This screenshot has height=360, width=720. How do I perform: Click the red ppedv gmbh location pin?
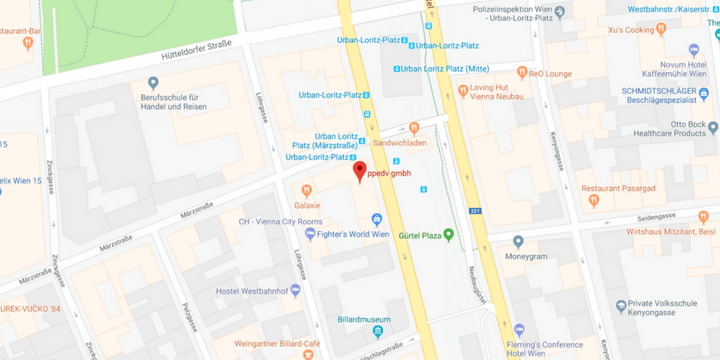[360, 171]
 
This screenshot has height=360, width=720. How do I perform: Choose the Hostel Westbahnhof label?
[258, 291]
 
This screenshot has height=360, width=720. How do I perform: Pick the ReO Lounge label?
[549, 72]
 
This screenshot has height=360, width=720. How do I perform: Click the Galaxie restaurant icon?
[306, 190]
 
